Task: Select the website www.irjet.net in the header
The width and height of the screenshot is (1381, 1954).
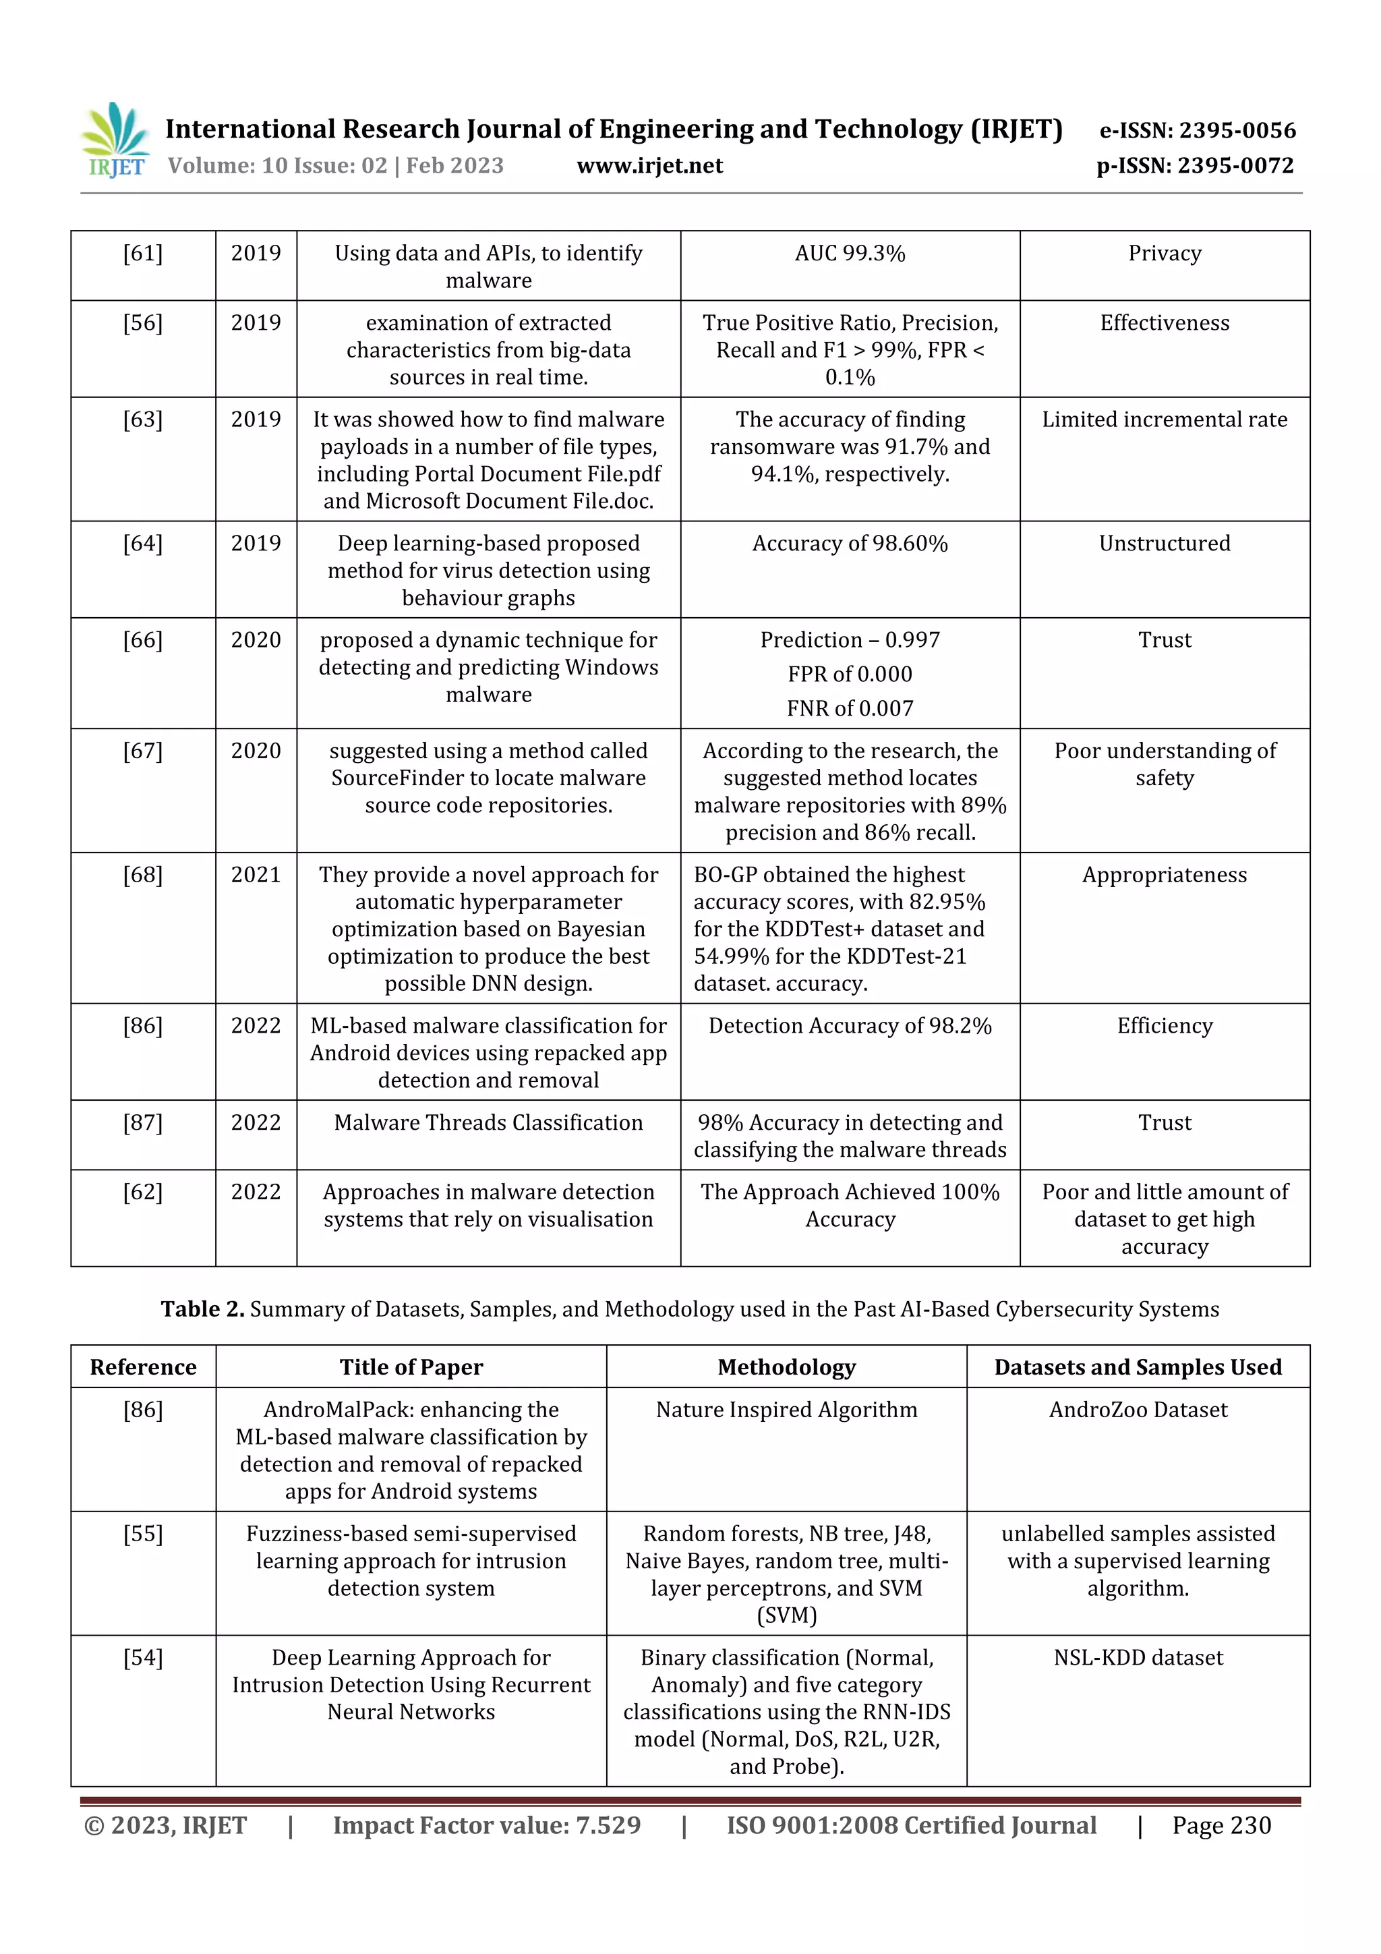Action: tap(649, 166)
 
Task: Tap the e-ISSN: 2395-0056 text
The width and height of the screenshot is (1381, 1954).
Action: tap(1197, 130)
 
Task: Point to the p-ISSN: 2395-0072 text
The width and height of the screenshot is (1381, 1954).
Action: tap(1195, 166)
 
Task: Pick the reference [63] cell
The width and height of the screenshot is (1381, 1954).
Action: tap(143, 420)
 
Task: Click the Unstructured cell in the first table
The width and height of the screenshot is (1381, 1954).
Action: tap(1164, 544)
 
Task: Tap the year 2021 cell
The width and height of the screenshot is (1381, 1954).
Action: tap(256, 875)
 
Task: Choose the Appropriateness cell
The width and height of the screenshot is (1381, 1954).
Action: tap(1164, 875)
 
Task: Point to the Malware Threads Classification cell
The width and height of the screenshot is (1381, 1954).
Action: tap(488, 1122)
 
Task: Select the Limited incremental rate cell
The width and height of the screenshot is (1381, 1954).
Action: tap(1164, 420)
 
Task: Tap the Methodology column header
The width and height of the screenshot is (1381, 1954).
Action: tap(786, 1367)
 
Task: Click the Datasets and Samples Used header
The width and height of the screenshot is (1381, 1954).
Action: tap(1138, 1367)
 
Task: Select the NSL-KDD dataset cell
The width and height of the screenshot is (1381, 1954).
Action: tap(1138, 1657)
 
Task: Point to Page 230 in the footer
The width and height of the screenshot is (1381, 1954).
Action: tap(1221, 1824)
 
